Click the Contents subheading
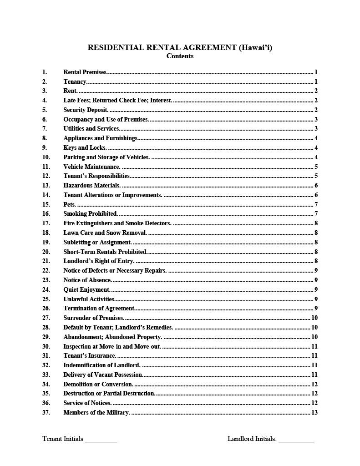180,56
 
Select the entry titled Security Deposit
86,110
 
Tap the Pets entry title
70,204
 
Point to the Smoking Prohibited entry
91,213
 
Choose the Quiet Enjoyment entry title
87,289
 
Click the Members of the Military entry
97,412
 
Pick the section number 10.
46,157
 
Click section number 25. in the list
46,299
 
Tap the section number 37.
46,412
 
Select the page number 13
314,412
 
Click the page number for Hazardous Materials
316,185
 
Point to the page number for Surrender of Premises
314,318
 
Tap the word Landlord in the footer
240,439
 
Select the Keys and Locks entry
85,147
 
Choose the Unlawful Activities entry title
89,299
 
